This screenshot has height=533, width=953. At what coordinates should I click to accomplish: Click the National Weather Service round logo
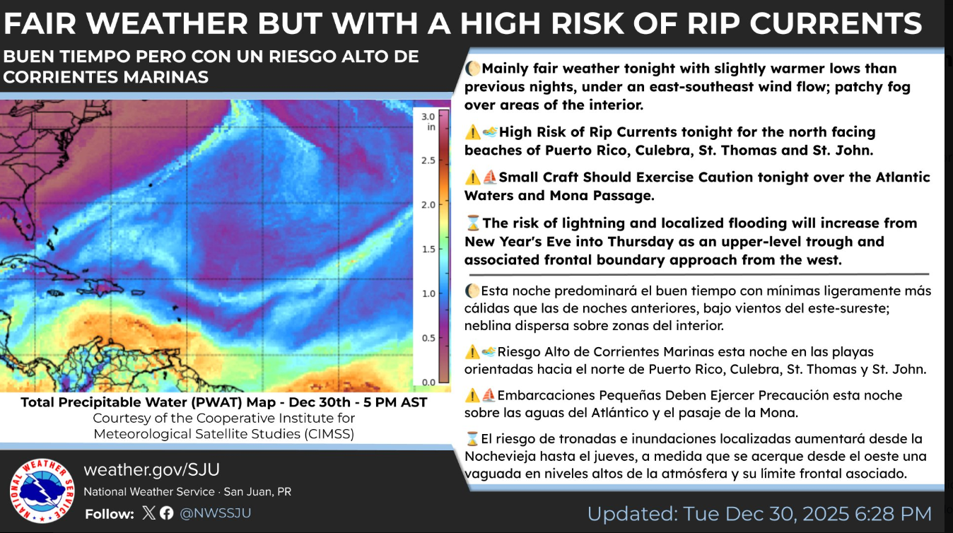pos(42,491)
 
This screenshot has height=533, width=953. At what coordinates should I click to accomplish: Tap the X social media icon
pos(148,513)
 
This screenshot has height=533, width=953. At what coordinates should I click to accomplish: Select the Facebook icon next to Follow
pos(166,513)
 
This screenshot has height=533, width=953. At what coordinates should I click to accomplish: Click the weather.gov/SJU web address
pos(151,469)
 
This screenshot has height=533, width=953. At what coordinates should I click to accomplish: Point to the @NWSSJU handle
pos(216,513)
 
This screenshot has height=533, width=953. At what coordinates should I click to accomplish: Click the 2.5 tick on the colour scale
pos(428,160)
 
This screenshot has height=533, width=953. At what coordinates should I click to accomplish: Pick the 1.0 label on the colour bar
pos(428,293)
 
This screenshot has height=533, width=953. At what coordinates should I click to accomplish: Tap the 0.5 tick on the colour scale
pos(428,338)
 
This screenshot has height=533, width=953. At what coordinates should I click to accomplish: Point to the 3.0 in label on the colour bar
pos(428,122)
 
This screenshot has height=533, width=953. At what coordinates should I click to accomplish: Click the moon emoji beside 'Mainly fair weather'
pos(472,68)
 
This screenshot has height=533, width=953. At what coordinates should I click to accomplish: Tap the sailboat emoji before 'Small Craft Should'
pos(490,177)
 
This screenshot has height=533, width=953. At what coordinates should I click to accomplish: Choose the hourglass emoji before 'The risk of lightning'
pos(473,223)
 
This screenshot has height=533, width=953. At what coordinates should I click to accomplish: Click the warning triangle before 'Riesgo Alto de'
pos(472,352)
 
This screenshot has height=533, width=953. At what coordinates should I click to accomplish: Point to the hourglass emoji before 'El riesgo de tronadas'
pos(472,438)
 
